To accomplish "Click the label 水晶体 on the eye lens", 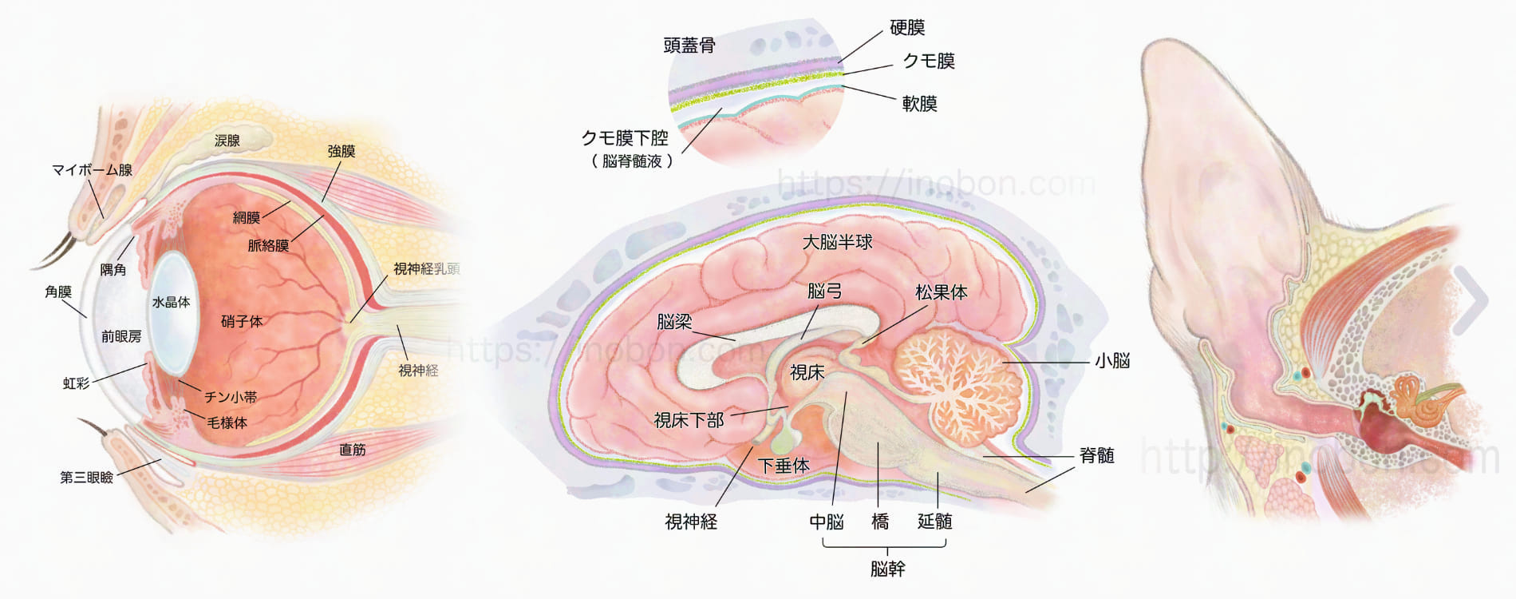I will (x=171, y=302).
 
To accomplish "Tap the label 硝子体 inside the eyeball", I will (x=242, y=321).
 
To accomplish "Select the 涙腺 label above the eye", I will (x=227, y=141).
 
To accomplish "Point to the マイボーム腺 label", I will (x=92, y=169).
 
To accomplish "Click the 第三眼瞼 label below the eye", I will (x=86, y=477).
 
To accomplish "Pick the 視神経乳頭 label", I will (x=426, y=269).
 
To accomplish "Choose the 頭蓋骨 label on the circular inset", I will (x=689, y=46).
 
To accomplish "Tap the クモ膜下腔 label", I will (x=625, y=138).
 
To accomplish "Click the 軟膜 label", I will (x=919, y=104).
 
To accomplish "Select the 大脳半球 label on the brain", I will (x=837, y=242).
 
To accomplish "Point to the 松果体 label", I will (x=941, y=292).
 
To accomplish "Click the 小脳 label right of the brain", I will (x=1112, y=361).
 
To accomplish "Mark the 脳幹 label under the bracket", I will (x=887, y=569).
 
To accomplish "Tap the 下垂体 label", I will (x=784, y=465).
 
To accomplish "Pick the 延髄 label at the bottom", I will (x=934, y=522).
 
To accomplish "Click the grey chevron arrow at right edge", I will (x=1472, y=299).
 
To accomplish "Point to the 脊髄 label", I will (x=1096, y=455).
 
